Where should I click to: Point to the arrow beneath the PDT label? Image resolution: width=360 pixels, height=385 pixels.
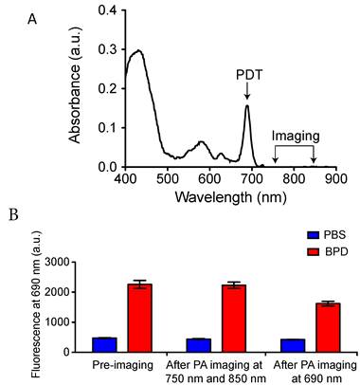point(247,91)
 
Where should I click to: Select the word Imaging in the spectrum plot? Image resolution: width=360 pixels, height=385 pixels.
point(294,136)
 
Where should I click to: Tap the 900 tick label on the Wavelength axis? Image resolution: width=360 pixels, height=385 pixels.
point(329,178)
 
